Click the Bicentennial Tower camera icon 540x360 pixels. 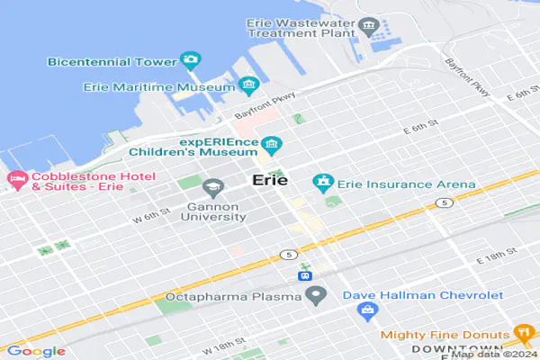(190, 60)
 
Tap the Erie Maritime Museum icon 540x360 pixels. (249, 86)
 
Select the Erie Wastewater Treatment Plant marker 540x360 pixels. (366, 23)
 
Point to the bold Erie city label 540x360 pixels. (270, 180)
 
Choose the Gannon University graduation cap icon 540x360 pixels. (213, 188)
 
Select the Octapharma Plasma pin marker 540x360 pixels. (315, 295)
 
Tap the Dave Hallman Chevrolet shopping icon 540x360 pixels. (366, 310)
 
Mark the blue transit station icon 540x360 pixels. (305, 273)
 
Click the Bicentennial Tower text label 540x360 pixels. (112, 61)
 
